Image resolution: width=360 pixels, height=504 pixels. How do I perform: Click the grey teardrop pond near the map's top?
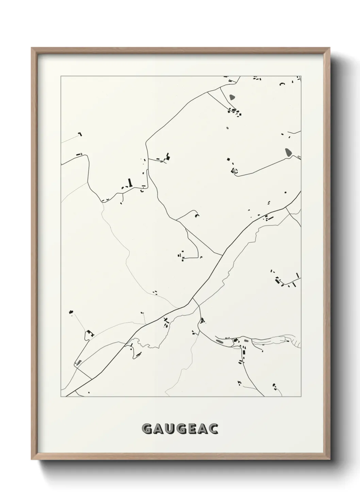tap(232, 97)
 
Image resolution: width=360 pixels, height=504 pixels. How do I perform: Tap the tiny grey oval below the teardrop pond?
tap(227, 128)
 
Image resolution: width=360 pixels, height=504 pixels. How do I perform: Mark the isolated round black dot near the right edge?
tap(285, 192)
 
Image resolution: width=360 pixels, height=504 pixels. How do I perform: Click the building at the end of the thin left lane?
tap(80, 134)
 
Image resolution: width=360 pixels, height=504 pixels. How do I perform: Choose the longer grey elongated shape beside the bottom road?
tap(219, 340)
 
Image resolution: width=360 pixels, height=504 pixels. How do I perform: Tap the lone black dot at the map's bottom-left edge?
tap(89, 393)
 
